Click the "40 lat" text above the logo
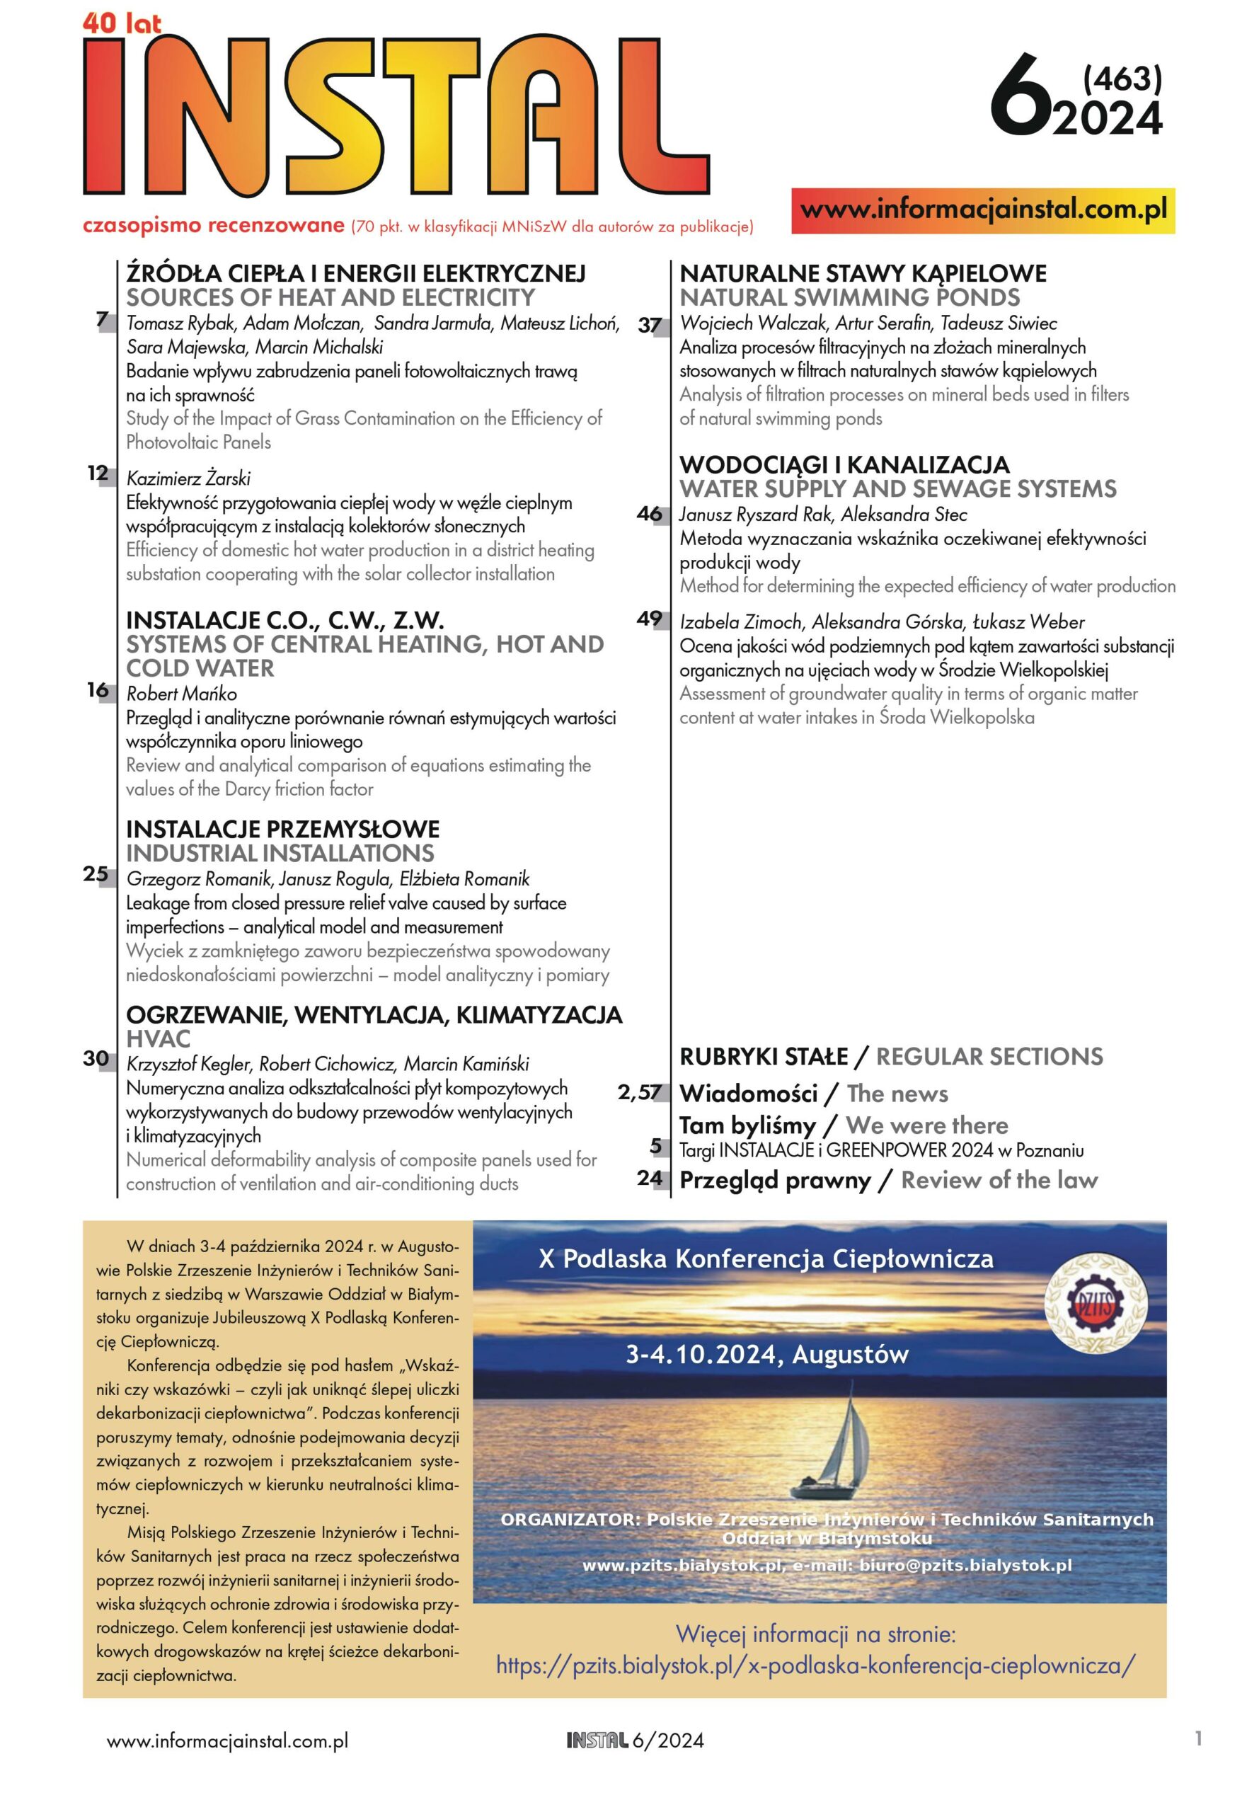point(122,23)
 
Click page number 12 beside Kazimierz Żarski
point(98,474)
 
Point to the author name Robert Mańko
point(181,694)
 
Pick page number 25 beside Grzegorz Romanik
point(96,874)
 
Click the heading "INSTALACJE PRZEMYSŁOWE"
point(282,829)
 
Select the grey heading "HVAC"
point(158,1039)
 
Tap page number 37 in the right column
point(649,324)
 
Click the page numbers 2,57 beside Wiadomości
point(639,1093)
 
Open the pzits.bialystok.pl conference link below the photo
point(816,1665)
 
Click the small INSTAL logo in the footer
point(597,1741)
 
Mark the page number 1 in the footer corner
point(1198,1738)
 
